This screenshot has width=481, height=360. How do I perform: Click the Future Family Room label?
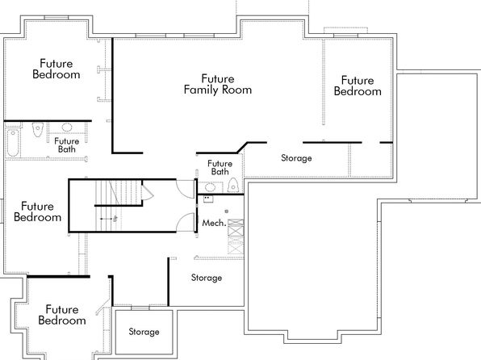click(218, 84)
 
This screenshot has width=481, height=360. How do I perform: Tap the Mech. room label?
click(214, 223)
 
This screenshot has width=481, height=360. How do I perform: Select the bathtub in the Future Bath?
click(13, 143)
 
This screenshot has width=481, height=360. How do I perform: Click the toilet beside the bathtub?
click(38, 129)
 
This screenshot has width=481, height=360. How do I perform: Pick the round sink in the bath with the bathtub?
click(67, 127)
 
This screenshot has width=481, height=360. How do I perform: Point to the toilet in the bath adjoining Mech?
click(233, 185)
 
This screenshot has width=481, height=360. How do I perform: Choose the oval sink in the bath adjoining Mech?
click(210, 186)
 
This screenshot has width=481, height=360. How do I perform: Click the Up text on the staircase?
click(115, 218)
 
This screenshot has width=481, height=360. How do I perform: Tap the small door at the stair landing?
click(147, 193)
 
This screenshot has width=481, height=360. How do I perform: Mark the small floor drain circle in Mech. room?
click(227, 211)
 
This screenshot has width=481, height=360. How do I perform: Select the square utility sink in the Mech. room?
click(208, 199)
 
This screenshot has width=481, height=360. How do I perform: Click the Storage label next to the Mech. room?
click(207, 278)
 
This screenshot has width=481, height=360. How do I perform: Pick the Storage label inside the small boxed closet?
click(144, 332)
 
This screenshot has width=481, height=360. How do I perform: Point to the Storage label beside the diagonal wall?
click(296, 158)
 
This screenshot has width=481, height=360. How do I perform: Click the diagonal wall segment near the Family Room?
click(242, 148)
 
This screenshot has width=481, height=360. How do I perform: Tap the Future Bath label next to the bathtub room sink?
click(67, 145)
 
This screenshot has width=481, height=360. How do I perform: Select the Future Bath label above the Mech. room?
click(220, 168)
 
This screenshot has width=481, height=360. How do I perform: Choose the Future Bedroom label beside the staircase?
click(37, 211)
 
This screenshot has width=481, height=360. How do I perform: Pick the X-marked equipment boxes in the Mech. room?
click(236, 237)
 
